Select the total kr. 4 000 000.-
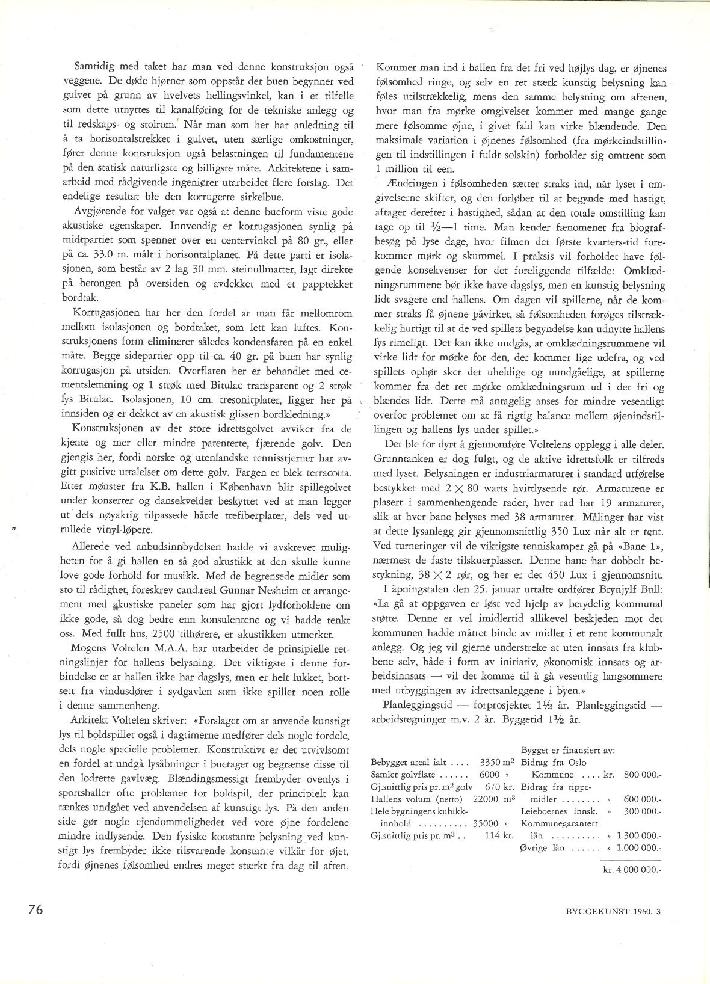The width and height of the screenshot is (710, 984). click(x=632, y=869)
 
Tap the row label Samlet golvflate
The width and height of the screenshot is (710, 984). click(x=403, y=775)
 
